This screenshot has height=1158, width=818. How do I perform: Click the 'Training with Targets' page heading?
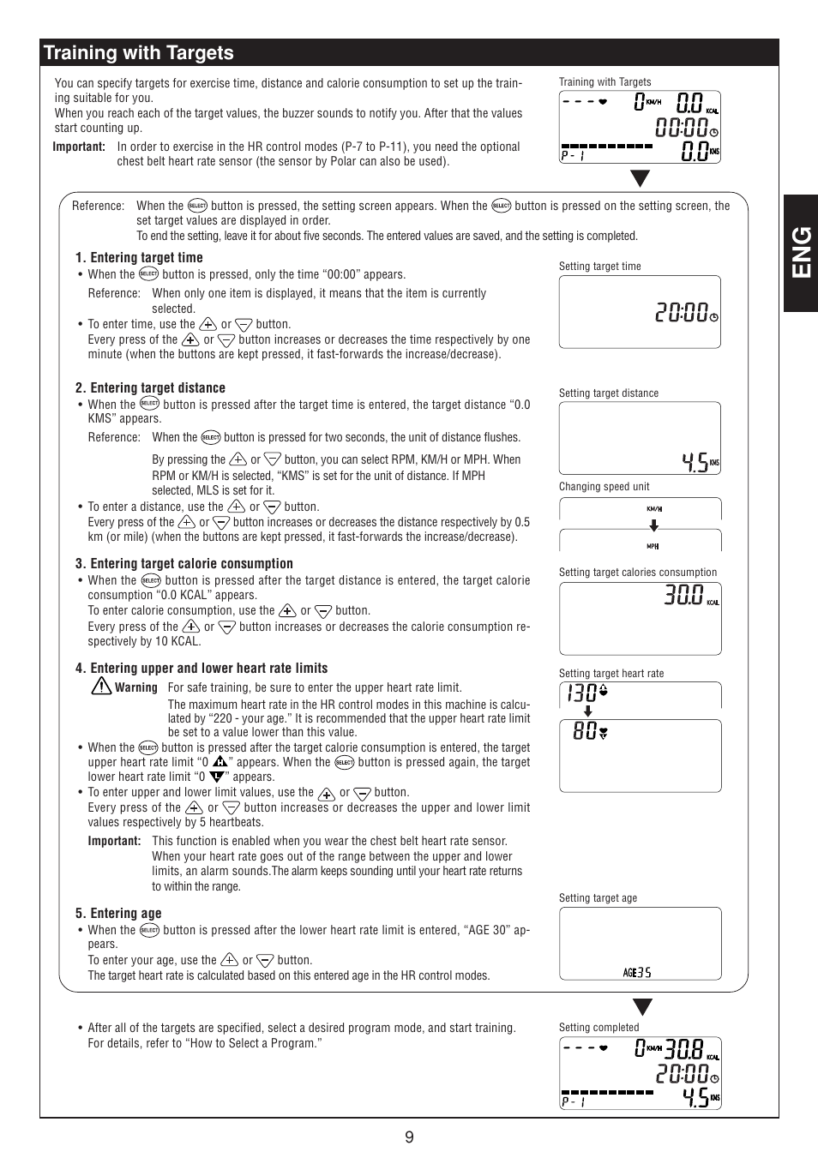coord(139,53)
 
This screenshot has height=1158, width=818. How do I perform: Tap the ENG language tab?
coord(801,252)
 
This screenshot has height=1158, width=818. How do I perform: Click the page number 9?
coord(409,1137)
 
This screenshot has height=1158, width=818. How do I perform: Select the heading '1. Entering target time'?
coord(139,257)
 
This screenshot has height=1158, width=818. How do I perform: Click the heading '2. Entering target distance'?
coord(150,387)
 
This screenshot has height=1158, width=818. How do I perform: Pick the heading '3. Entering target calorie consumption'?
coord(183,563)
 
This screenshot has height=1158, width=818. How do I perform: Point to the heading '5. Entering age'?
coord(118,913)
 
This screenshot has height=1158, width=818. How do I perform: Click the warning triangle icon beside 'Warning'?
coord(101,686)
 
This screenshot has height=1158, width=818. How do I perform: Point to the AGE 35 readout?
coord(637,972)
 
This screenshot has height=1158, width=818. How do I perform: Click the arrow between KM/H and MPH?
coord(653,526)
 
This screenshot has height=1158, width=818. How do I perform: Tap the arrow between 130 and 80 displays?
coord(587,711)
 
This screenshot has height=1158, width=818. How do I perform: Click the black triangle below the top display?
coord(640,178)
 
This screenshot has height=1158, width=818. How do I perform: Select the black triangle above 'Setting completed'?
coord(642,1007)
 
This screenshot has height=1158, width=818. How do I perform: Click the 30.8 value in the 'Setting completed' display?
coord(683,1048)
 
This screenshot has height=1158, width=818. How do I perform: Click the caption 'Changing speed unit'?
coord(604,486)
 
